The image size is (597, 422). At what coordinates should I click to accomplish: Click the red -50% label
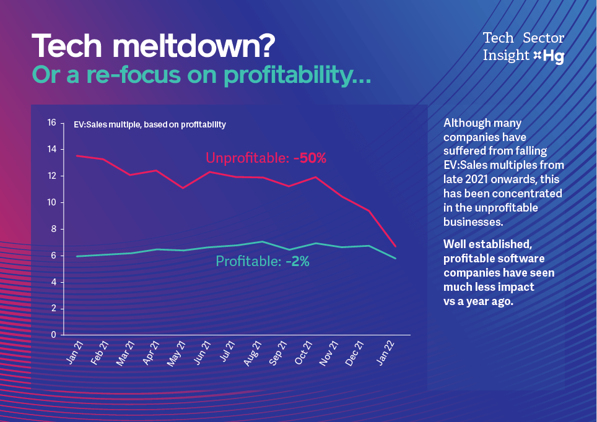310,158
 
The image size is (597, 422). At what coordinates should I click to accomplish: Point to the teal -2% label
297,262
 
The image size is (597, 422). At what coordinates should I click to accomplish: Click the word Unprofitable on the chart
247,158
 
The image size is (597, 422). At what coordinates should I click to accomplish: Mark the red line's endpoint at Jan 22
395,246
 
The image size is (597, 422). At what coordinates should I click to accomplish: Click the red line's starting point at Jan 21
76,156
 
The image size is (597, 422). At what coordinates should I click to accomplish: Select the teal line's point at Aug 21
263,241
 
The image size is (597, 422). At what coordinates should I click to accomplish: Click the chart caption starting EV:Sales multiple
150,124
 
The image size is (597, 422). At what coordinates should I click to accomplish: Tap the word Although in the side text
465,123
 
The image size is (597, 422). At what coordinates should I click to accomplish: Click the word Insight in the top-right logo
506,56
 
